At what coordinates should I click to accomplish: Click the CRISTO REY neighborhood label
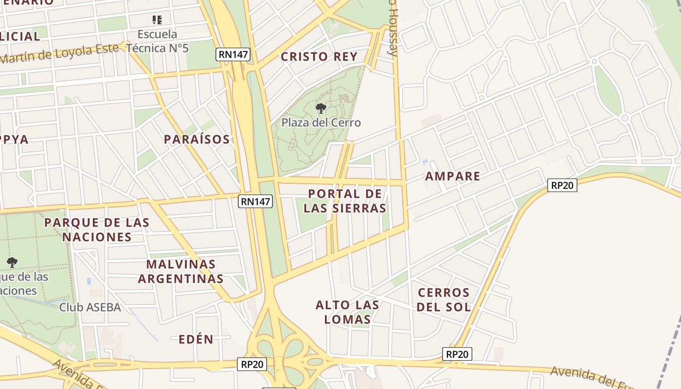pyautogui.click(x=319, y=56)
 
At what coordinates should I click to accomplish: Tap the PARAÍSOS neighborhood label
pyautogui.click(x=197, y=140)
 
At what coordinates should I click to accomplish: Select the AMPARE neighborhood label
pyautogui.click(x=452, y=176)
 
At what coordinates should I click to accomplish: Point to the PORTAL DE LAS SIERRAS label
pyautogui.click(x=345, y=201)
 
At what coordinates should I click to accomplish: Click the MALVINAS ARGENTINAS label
pyautogui.click(x=181, y=271)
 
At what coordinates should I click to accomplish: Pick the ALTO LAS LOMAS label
pyautogui.click(x=347, y=312)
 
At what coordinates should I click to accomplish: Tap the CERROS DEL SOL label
pyautogui.click(x=444, y=300)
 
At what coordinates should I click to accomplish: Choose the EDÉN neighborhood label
pyautogui.click(x=196, y=339)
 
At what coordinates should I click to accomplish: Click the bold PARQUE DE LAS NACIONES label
pyautogui.click(x=97, y=230)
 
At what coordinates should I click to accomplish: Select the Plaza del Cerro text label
pyautogui.click(x=321, y=123)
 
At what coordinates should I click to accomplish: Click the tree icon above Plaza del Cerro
pyautogui.click(x=321, y=108)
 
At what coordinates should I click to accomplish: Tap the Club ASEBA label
pyautogui.click(x=90, y=307)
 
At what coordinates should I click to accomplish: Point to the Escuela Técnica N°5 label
pyautogui.click(x=157, y=41)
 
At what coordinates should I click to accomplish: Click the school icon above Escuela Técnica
pyautogui.click(x=157, y=20)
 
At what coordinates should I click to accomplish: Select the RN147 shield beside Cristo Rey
pyautogui.click(x=233, y=54)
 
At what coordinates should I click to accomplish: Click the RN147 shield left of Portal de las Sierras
pyautogui.click(x=255, y=201)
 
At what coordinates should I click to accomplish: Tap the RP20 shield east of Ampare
pyautogui.click(x=562, y=185)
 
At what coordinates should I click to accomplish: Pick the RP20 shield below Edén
pyautogui.click(x=252, y=364)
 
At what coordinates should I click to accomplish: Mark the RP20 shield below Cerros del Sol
pyautogui.click(x=457, y=354)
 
